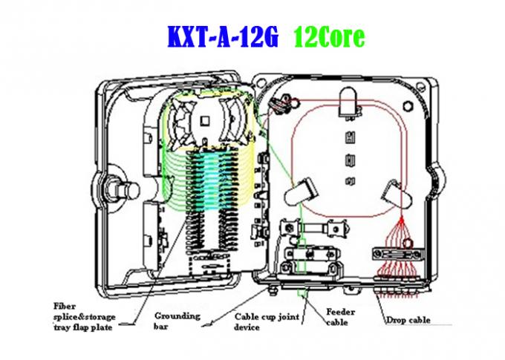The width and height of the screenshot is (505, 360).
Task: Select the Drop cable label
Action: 408,321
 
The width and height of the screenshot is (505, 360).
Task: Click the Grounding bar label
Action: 177,320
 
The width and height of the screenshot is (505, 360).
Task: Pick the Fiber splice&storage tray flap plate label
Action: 86,315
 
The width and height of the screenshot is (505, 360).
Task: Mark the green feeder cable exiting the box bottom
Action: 304,292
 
